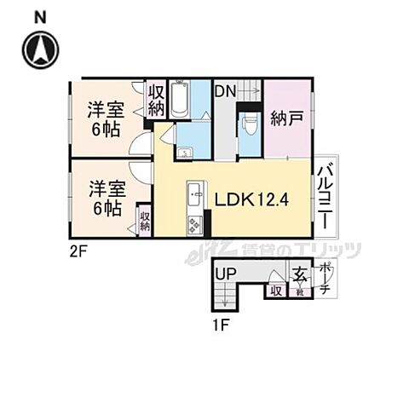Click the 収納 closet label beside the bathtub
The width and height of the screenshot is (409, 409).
pos(156,100)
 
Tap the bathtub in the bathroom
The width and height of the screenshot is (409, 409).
pos(179,101)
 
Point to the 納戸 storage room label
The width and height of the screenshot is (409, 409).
pos(286,118)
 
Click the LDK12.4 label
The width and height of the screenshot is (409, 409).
pos(252,200)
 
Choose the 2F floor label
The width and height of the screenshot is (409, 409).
pos(78,251)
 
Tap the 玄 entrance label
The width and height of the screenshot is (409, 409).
pos(300,274)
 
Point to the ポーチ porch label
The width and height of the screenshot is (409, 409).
pos(325,279)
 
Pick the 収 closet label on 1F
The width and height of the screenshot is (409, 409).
pos(275,291)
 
